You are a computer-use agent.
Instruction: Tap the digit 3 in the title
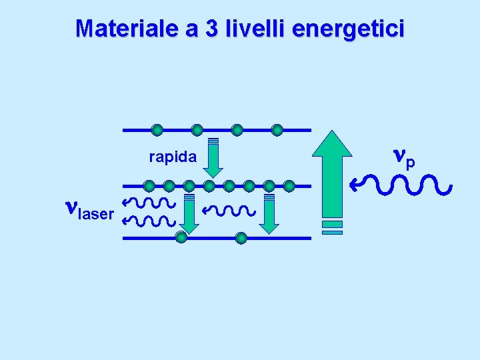pyautogui.click(x=213, y=29)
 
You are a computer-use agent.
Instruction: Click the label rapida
pyautogui.click(x=173, y=157)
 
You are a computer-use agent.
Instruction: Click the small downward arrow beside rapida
pyautogui.click(x=213, y=157)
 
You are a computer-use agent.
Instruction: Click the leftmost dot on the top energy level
pyautogui.click(x=157, y=129)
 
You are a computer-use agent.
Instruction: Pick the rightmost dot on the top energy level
pyautogui.click(x=277, y=129)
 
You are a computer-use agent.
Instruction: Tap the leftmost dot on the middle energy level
pyautogui.click(x=149, y=186)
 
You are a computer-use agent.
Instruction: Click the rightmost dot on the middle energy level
pyautogui.click(x=289, y=186)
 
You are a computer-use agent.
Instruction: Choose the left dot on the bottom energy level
pyautogui.click(x=181, y=237)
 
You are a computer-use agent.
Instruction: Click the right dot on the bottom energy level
pyautogui.click(x=241, y=237)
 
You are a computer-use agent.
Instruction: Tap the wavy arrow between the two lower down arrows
pyautogui.click(x=229, y=211)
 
